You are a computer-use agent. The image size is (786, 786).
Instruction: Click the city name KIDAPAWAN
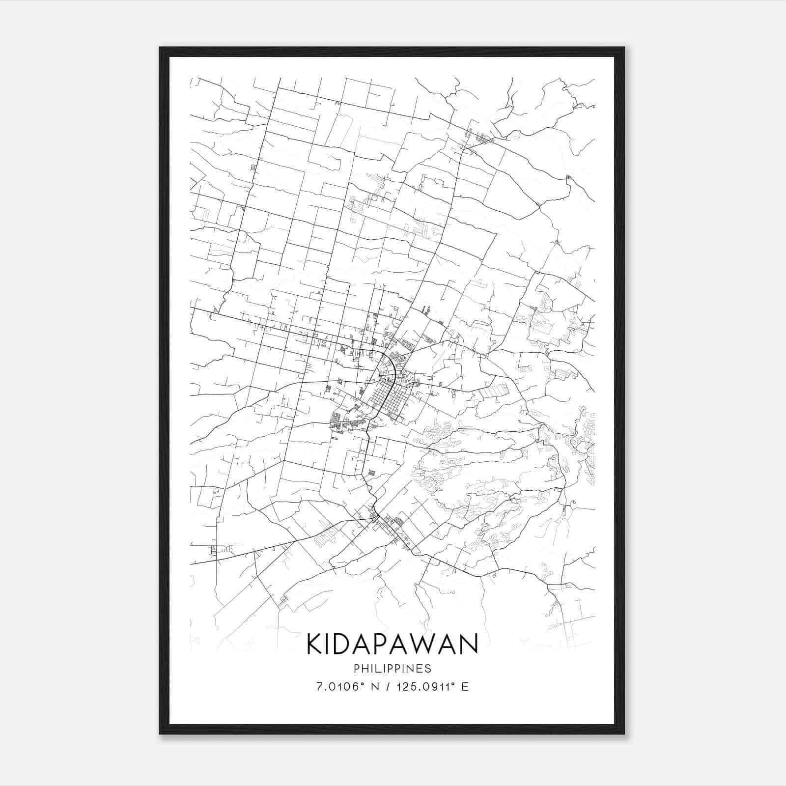pyautogui.click(x=393, y=644)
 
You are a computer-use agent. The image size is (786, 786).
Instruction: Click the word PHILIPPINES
pyautogui.click(x=393, y=669)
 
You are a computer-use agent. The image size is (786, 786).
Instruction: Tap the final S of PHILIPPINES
pyautogui.click(x=428, y=669)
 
